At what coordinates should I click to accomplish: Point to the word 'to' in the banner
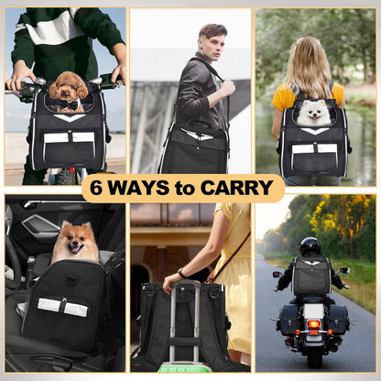187,188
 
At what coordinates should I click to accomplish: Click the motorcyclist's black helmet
310,246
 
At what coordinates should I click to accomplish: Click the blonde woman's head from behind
309,59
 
